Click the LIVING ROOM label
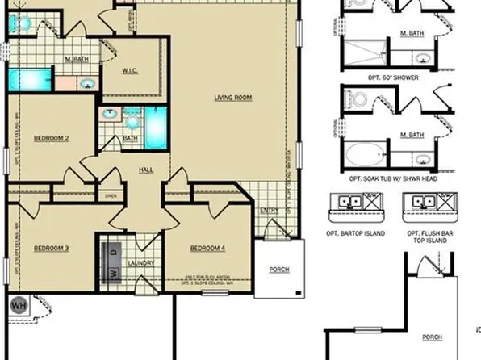[233, 98]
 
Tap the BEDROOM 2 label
[51, 139]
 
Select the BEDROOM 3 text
[51, 248]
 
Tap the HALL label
[145, 170]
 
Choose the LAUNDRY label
[140, 263]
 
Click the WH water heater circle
[18, 306]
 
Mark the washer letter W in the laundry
[113, 273]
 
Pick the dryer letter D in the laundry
[113, 253]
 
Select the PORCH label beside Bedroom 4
[280, 270]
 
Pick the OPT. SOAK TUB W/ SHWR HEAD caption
[394, 178]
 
